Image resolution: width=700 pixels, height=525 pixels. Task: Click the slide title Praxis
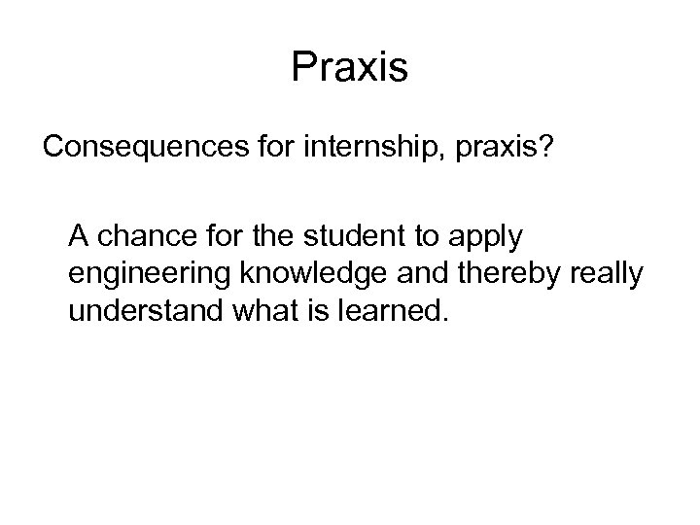click(350, 67)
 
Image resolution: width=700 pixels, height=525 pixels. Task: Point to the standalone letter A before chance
click(79, 236)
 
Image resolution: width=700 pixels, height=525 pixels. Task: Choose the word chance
click(140, 236)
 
